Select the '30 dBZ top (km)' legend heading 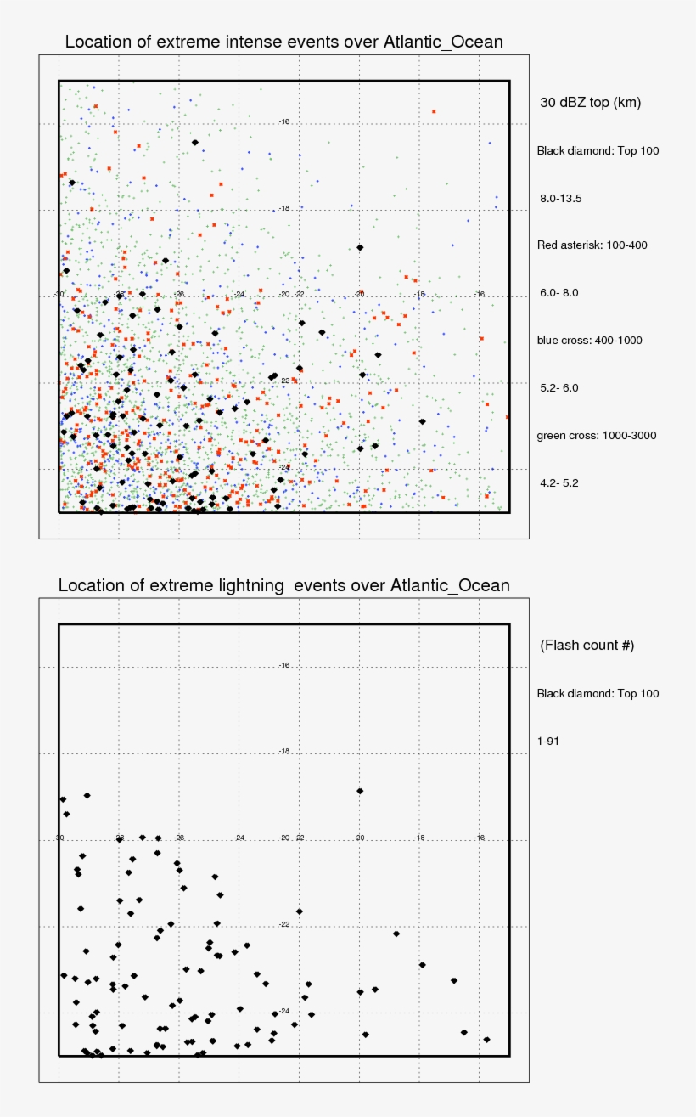tap(590, 103)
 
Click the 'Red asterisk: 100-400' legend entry tap(592, 245)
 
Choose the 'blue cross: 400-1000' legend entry tap(589, 341)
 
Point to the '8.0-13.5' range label tap(560, 198)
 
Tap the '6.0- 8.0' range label tap(558, 293)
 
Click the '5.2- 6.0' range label tap(558, 388)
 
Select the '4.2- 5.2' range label tap(558, 483)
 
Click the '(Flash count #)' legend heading tap(587, 646)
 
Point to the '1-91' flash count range tap(547, 741)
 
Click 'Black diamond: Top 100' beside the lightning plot tap(598, 693)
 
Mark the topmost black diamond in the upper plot tap(195, 143)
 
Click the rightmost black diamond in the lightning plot tap(486, 1039)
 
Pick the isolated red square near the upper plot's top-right tap(434, 111)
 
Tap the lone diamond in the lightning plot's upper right tap(360, 791)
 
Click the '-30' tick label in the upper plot tap(59, 294)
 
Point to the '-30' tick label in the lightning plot tap(59, 838)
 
